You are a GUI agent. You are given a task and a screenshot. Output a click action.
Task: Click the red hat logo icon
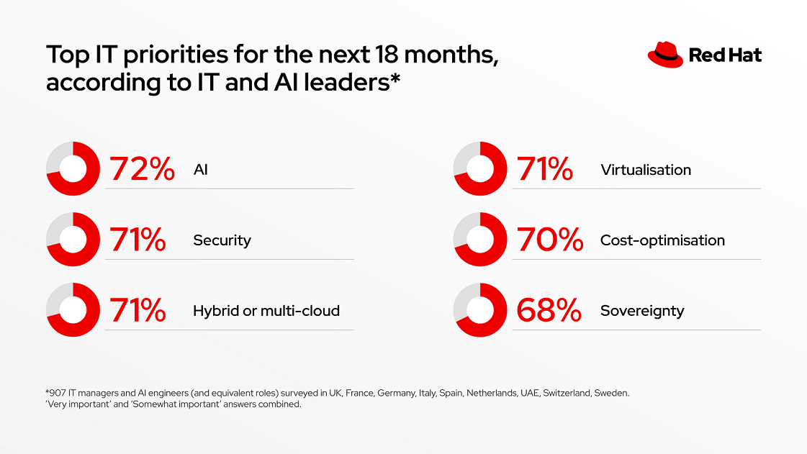pyautogui.click(x=665, y=55)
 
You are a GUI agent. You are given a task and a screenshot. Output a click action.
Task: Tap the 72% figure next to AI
pyautogui.click(x=142, y=170)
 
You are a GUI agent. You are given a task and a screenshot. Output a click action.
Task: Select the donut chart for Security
pyautogui.click(x=73, y=240)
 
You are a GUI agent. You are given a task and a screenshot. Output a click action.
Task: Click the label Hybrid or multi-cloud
pyautogui.click(x=266, y=311)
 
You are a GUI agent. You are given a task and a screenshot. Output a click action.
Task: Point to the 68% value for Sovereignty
pyautogui.click(x=549, y=311)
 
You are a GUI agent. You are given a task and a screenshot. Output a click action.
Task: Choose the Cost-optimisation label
pyautogui.click(x=662, y=240)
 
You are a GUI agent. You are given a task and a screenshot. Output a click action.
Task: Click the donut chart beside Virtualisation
pyautogui.click(x=480, y=169)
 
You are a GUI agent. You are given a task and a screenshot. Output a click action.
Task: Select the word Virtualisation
pyautogui.click(x=646, y=170)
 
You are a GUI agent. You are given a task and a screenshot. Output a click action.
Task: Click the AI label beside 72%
pyautogui.click(x=201, y=170)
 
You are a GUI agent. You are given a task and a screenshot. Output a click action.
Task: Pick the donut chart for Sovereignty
pyautogui.click(x=480, y=310)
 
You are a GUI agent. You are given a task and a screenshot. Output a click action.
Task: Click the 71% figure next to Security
pyautogui.click(x=137, y=240)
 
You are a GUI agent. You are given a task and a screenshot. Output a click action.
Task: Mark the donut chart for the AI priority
pyautogui.click(x=73, y=169)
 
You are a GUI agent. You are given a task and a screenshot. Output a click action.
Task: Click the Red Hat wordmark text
pyautogui.click(x=725, y=55)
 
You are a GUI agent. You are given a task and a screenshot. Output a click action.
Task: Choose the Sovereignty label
pyautogui.click(x=642, y=311)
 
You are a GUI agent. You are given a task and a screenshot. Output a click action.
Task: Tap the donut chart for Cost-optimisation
pyautogui.click(x=480, y=240)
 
